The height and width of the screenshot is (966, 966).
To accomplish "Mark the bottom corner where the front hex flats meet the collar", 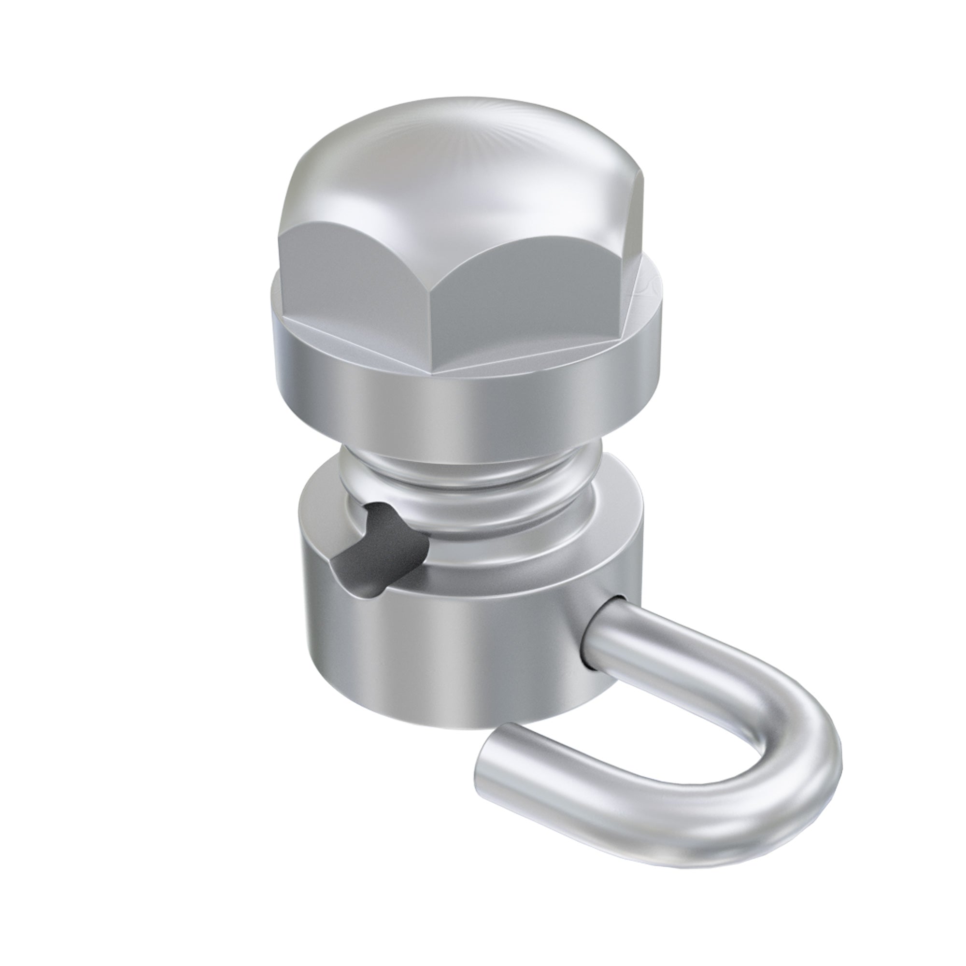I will tap(433, 373).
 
